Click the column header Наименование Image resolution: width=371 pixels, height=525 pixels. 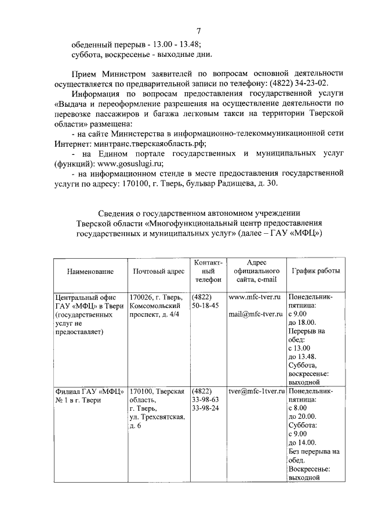pos(90,271)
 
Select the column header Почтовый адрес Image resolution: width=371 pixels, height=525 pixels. pos(158,271)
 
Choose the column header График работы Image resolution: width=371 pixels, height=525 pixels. pos(316,271)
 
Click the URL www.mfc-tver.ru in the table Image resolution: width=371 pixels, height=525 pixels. pos(254,296)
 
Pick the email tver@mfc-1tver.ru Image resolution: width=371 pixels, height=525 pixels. pos(256,391)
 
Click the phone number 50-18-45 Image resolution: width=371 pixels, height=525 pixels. pos(205,305)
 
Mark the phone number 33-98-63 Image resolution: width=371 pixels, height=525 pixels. pos(205,400)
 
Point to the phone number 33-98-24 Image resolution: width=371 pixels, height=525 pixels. pos(205,409)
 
